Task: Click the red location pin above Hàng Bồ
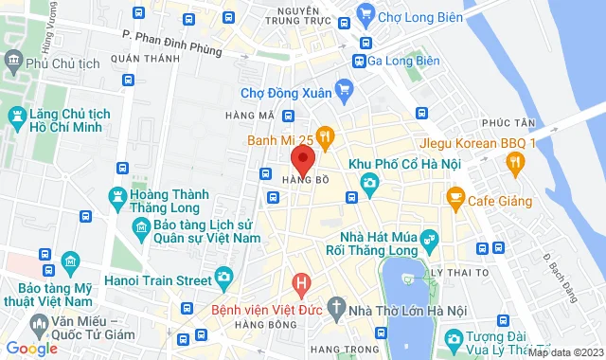(x=302, y=158)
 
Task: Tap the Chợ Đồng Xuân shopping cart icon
(x=344, y=92)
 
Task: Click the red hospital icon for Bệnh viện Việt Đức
(x=301, y=282)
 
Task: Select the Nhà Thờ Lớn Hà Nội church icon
(x=338, y=306)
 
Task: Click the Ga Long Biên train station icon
(x=360, y=61)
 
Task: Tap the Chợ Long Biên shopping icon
(x=365, y=15)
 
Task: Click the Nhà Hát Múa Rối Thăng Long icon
(x=431, y=238)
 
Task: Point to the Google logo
(x=31, y=349)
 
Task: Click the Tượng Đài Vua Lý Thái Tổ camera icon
(x=454, y=338)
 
